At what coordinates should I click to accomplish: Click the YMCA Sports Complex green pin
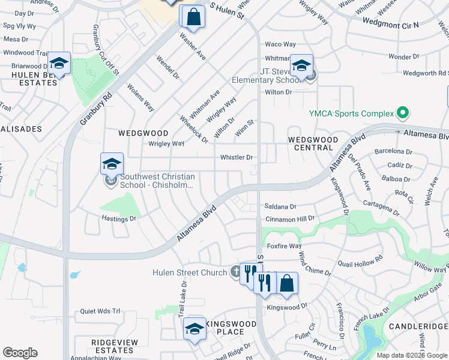[403, 113]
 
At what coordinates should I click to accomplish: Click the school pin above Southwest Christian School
[112, 163]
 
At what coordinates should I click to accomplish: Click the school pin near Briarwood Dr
[59, 63]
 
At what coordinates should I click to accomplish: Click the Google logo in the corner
[20, 353]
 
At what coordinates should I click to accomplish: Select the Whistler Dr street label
[237, 157]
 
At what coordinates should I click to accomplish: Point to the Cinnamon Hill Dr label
[291, 220]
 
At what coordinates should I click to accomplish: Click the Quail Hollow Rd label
[360, 262]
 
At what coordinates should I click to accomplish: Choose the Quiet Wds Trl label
[100, 312]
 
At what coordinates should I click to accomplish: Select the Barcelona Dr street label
[394, 151]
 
